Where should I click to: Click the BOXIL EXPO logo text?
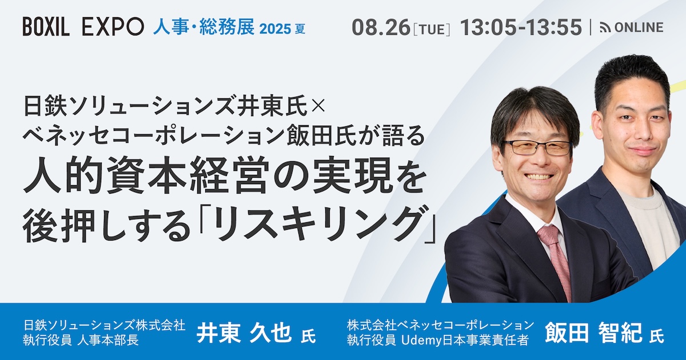coord(83,27)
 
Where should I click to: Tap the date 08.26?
coord(381,27)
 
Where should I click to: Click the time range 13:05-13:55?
coord(521,27)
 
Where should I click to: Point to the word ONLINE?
coord(639,27)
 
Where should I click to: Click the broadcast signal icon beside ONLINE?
coord(605,28)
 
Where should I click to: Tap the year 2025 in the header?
coord(275,29)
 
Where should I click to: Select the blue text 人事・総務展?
coord(204,27)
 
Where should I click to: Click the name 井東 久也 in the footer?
coord(244,334)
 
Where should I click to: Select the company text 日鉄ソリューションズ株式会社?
coord(104,325)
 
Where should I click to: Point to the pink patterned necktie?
coord(555,260)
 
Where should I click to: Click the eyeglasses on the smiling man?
coord(539,147)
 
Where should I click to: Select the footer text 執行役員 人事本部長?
coord(81,341)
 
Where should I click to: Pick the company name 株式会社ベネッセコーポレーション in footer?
coord(440,325)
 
